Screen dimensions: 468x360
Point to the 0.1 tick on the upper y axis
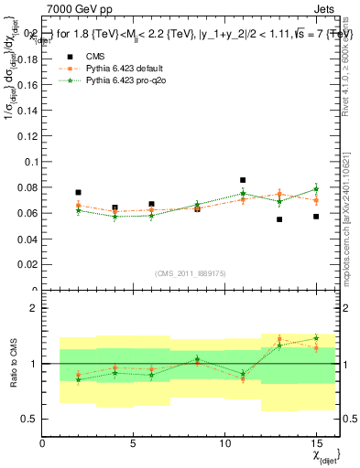click(32, 162)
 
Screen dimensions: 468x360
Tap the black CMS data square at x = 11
click(243, 181)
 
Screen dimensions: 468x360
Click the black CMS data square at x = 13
click(279, 219)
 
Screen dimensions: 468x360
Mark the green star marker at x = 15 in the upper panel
click(315, 188)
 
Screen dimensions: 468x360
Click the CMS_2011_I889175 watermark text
click(188, 273)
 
